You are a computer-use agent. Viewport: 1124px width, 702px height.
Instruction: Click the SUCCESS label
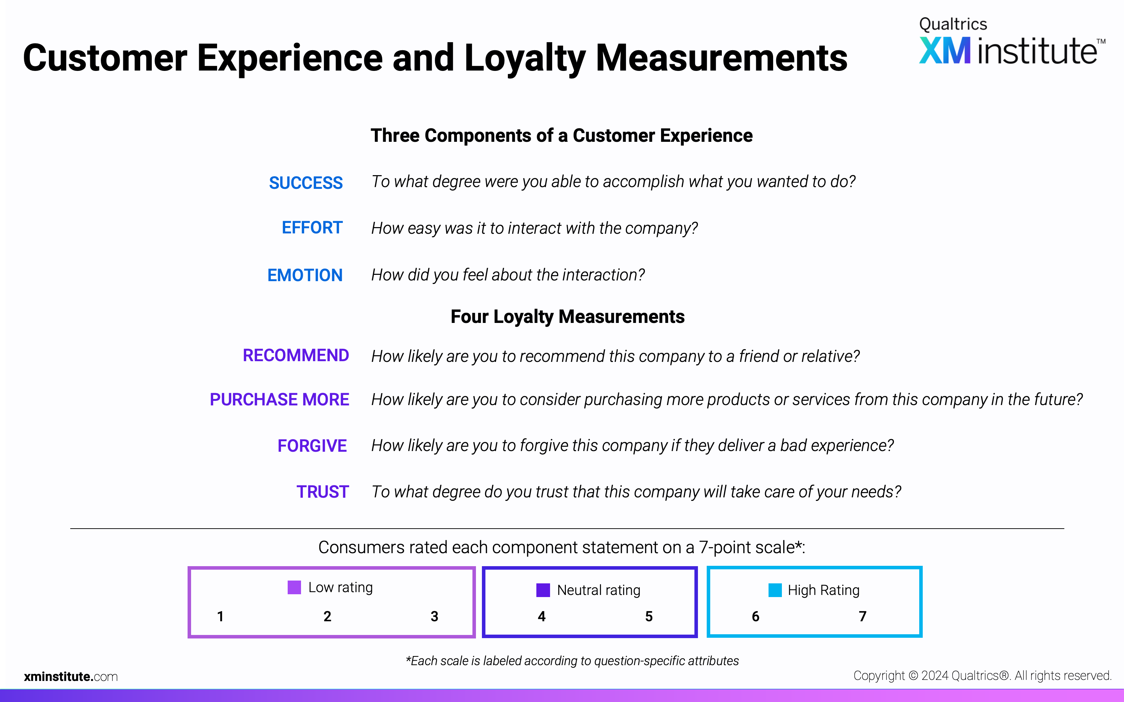coord(306,183)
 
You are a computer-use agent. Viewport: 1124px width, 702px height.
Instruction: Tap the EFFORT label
coord(312,227)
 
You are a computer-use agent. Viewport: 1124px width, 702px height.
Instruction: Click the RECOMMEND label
coord(296,355)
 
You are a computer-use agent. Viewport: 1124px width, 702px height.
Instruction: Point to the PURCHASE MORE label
coord(279,399)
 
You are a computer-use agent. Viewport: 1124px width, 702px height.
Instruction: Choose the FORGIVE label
coord(312,446)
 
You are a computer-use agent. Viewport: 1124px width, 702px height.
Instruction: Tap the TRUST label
coord(323,492)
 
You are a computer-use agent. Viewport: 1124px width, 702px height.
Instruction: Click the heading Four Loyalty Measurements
coord(568,317)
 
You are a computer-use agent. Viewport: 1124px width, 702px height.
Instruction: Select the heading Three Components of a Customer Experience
coord(562,135)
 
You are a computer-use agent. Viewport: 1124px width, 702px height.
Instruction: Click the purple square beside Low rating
coord(294,587)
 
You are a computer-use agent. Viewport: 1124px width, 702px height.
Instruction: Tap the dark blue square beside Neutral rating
coord(543,590)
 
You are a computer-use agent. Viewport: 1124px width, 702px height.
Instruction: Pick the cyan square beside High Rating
coord(775,590)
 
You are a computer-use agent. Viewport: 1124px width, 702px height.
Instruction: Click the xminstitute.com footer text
coord(71,676)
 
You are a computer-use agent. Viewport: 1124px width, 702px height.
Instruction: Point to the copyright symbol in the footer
coord(913,676)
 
